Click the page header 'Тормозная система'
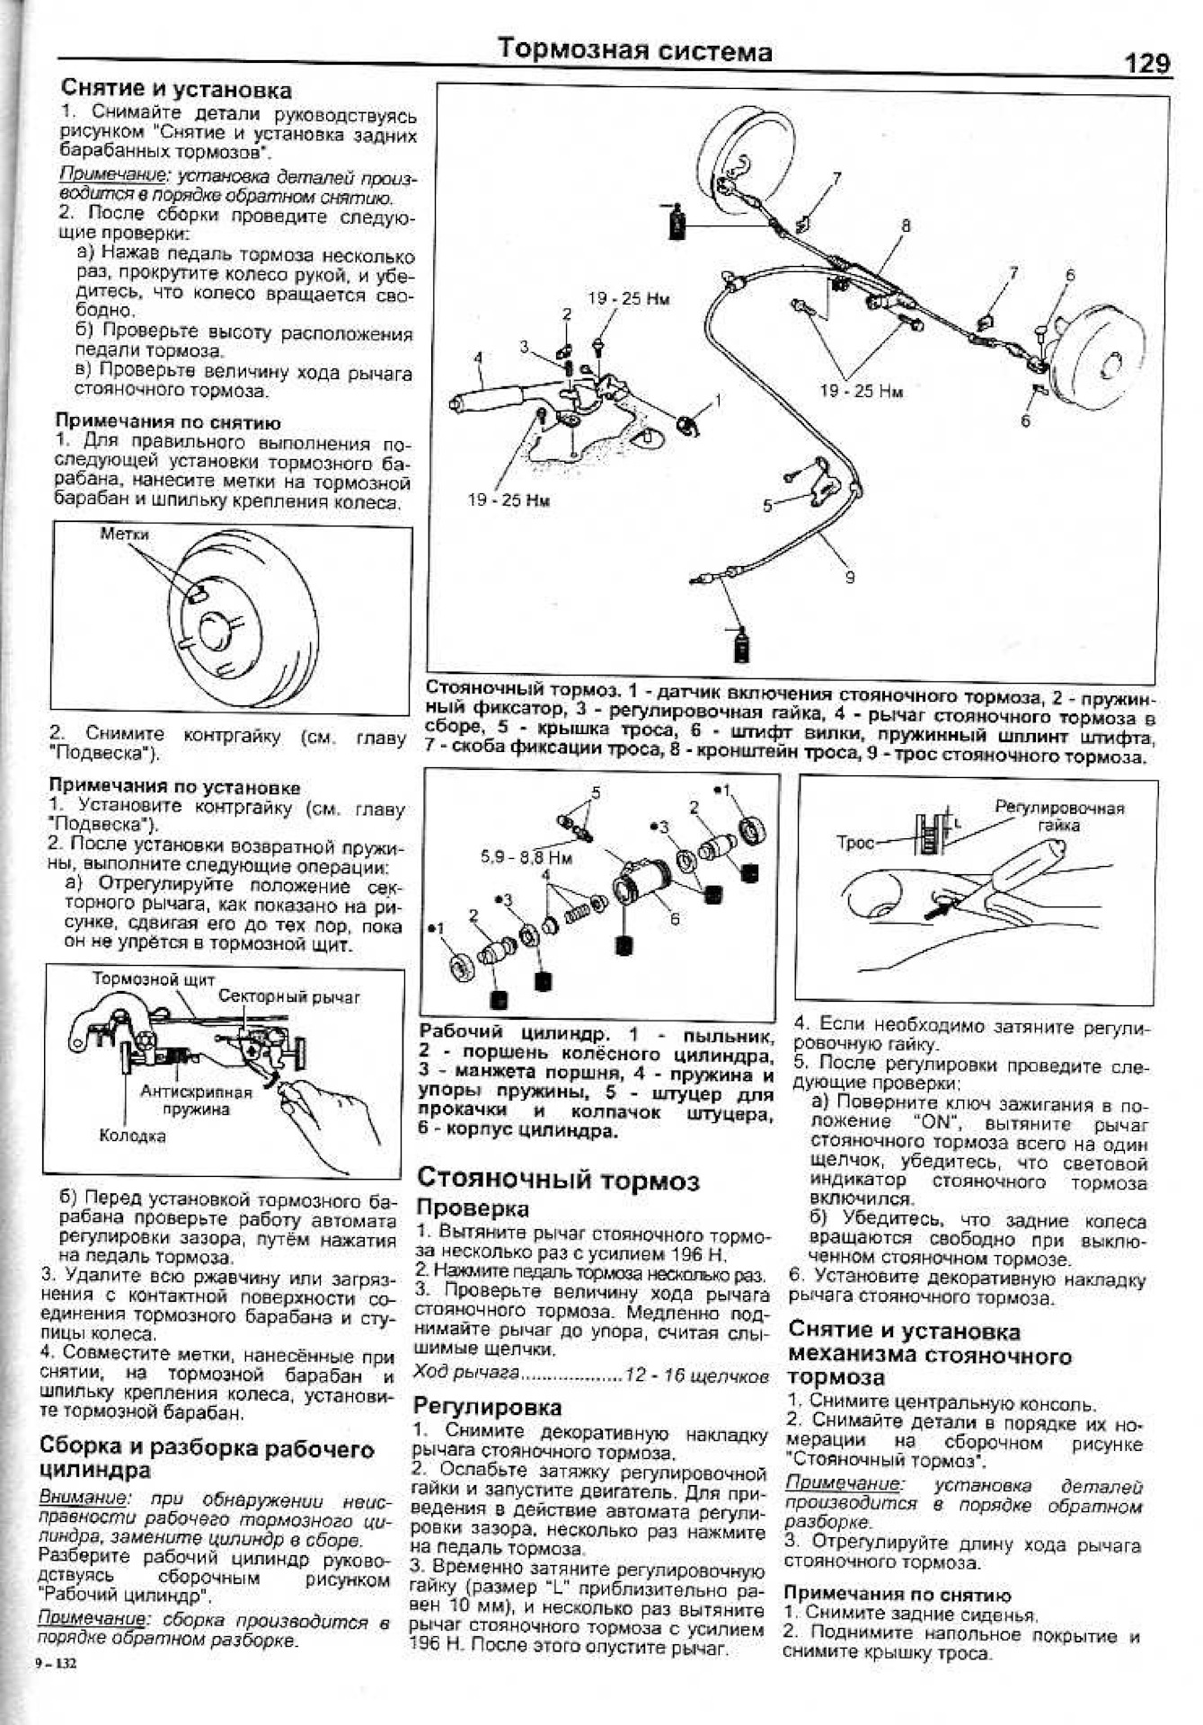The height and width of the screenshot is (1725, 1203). coord(635,50)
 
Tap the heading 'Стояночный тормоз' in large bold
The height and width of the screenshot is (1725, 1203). coord(558,1180)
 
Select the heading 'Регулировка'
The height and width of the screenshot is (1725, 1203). coord(487,1406)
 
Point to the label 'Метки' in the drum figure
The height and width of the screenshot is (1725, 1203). coord(124,535)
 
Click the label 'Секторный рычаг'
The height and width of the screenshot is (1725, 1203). coord(289,996)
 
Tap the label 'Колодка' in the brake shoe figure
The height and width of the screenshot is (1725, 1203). coord(132,1136)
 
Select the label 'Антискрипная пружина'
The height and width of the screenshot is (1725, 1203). coord(196,1101)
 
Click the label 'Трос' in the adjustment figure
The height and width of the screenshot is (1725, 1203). coord(854,843)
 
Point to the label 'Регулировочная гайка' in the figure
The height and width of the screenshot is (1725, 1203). coord(1059,816)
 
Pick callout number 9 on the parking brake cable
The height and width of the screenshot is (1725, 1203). coord(850,578)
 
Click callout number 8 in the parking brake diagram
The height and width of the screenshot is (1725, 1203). coord(905,226)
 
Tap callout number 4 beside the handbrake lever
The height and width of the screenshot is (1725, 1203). coord(478,358)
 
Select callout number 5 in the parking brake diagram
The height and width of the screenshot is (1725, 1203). coord(767,506)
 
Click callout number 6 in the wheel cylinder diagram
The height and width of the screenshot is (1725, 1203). coord(675,919)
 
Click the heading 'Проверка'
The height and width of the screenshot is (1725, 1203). coord(473,1208)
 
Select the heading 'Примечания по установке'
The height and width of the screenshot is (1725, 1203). coord(174,787)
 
